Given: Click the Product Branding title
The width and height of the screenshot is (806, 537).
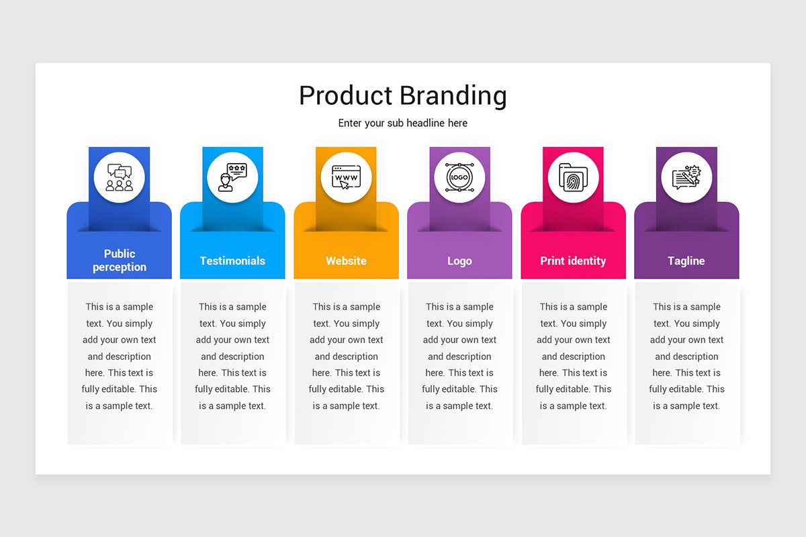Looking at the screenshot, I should point(402,95).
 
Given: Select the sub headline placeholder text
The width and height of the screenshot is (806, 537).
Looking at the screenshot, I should point(402,123).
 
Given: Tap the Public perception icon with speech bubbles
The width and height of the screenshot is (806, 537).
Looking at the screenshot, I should point(120,177).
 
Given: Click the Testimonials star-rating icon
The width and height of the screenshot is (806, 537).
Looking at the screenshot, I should point(232,177).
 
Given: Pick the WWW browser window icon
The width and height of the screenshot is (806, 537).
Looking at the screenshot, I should point(346,177).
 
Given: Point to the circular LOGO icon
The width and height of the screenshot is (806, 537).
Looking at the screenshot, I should point(459,177).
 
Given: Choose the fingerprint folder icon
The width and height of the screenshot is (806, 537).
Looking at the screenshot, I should point(573,177).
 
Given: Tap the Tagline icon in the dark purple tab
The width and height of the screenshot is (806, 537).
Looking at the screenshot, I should point(686,177).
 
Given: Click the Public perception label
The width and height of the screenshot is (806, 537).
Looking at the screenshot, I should point(120,260).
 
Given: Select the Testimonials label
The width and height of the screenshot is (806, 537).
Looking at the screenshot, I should point(232,260).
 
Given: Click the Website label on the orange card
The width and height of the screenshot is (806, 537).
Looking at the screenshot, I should point(346,260).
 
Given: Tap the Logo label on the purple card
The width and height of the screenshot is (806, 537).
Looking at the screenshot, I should point(459,260).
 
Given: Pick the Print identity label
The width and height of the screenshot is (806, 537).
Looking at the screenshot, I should point(573,260).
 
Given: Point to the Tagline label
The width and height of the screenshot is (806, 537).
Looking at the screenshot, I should point(686,260).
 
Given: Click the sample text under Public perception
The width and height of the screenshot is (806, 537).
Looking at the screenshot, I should point(120,356).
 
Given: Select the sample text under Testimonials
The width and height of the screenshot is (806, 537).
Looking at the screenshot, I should point(232,356).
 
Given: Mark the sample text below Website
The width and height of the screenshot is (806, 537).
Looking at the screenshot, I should point(346,356).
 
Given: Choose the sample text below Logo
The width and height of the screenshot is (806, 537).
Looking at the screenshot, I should point(459,356).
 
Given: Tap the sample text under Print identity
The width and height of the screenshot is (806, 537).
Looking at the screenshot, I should point(573,356).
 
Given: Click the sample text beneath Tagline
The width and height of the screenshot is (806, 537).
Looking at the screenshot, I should point(686,356).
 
